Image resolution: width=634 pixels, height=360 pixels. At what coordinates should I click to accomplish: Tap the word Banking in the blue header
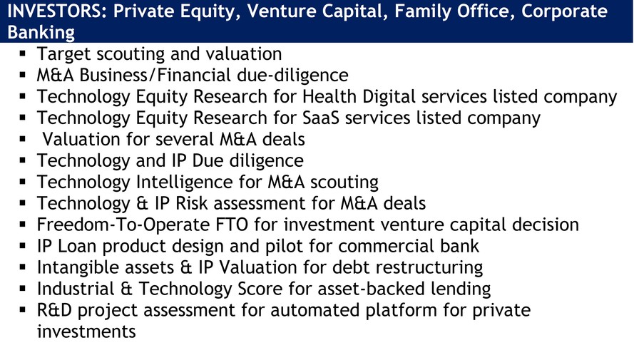(41, 33)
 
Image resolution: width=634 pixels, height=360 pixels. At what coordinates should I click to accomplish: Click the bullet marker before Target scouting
(22, 53)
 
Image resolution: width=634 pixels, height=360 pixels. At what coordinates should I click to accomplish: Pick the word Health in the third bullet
(329, 96)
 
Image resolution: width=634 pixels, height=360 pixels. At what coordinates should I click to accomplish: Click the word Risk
(191, 203)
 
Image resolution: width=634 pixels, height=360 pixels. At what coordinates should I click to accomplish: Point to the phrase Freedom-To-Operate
(123, 225)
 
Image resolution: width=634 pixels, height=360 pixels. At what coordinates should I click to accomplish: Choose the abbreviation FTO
(231, 225)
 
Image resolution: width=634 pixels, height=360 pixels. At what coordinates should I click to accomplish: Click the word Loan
(77, 246)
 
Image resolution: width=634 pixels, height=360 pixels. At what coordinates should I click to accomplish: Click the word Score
(260, 289)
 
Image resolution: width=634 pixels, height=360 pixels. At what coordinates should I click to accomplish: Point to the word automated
(315, 310)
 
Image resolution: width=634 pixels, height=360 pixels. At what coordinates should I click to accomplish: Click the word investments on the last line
(86, 331)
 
